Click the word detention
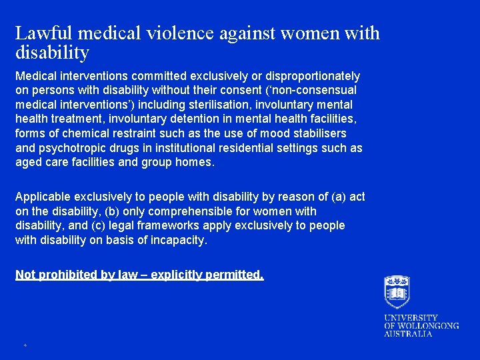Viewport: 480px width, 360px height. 187,119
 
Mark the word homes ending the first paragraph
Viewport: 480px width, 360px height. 196,162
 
